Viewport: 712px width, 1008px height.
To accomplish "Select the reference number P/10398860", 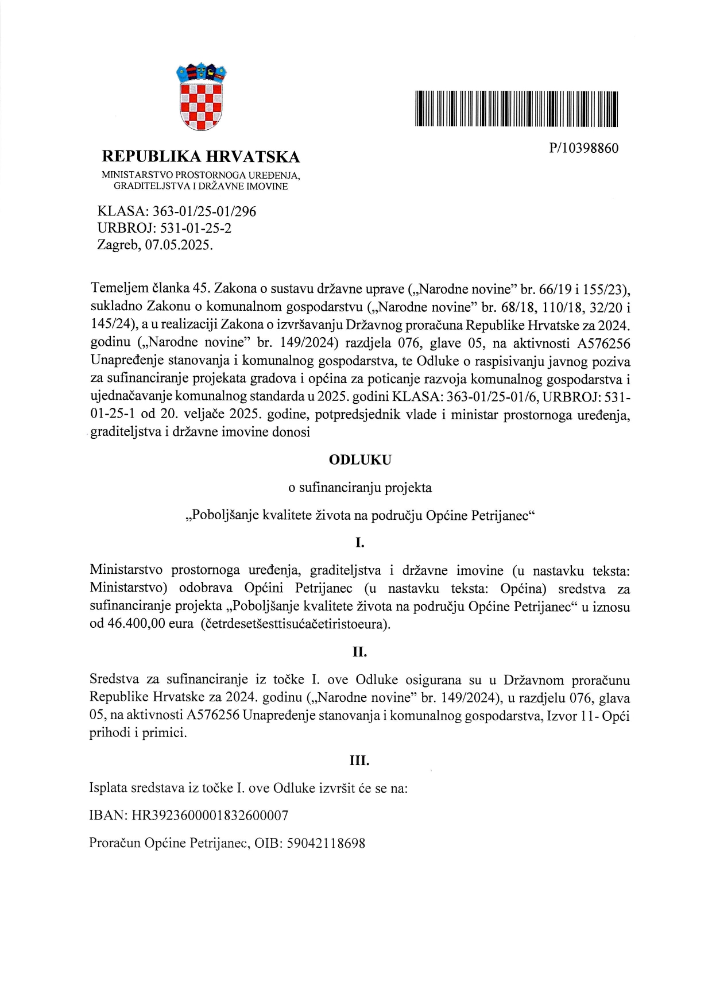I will (583, 149).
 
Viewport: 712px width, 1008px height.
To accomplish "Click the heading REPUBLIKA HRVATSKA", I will (200, 156).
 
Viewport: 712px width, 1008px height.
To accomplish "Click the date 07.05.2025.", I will (179, 245).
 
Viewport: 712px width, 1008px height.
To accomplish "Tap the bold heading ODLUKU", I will (359, 460).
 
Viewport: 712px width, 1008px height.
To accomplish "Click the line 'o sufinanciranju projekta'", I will (359, 488).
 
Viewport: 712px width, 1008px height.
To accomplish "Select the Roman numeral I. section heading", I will (360, 543).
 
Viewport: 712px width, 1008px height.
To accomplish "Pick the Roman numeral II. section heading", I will (359, 652).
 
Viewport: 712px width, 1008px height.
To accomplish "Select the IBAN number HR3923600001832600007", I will (210, 816).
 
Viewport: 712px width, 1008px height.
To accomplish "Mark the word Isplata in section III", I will (108, 788).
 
